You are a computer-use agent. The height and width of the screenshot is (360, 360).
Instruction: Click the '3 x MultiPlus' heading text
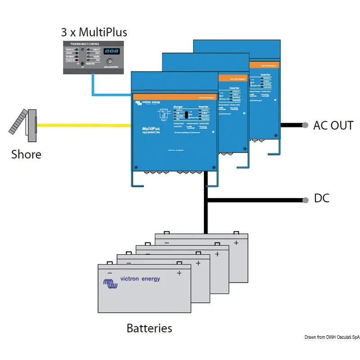tap(94, 32)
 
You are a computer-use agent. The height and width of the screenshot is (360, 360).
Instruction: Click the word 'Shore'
tap(26, 154)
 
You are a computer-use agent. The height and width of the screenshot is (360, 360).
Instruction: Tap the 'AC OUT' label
tap(333, 125)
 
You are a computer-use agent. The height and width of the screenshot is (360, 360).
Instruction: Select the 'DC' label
tap(321, 198)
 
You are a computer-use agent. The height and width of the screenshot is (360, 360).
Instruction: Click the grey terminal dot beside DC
tap(305, 198)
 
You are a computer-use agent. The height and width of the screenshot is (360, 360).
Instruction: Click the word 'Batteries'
tap(149, 328)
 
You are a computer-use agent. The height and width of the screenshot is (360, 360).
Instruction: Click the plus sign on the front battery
tap(179, 273)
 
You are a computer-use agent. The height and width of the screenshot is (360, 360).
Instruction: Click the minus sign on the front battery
tap(109, 273)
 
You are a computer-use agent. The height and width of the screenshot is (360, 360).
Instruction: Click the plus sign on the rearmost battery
tap(235, 243)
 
